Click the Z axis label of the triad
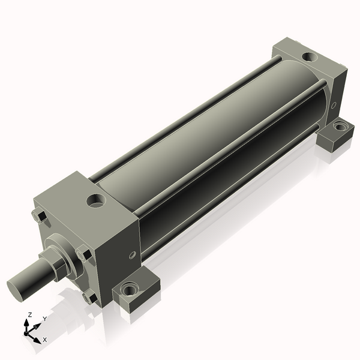pos(29,315)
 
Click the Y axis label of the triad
pos(45,319)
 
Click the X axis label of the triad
pos(45,340)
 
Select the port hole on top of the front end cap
pos(96,201)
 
